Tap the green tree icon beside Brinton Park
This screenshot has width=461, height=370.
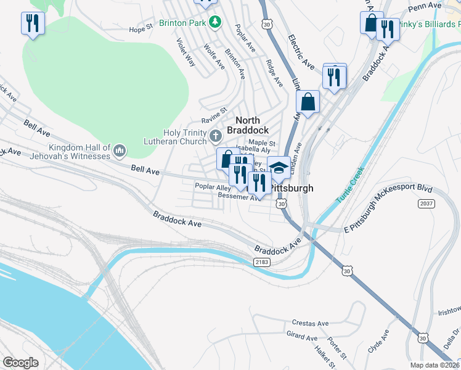(214, 22)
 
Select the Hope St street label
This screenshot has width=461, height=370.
(141, 29)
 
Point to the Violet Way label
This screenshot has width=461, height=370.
(186, 53)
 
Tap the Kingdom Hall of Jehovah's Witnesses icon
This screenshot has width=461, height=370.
(120, 150)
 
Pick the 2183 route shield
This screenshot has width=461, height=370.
(261, 262)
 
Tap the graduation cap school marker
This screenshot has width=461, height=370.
(279, 167)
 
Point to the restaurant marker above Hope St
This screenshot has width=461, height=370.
(32, 24)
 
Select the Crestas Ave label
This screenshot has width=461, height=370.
(311, 323)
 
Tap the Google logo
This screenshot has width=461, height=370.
(20, 362)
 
